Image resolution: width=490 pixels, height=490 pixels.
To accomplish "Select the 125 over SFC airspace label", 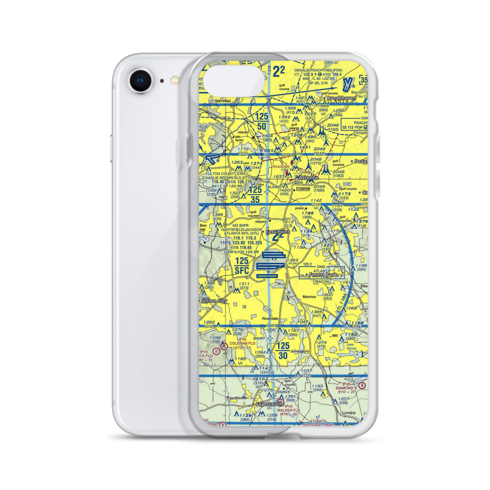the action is tap(243, 265).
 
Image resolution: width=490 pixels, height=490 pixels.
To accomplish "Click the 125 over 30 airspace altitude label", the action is tap(283, 351).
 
